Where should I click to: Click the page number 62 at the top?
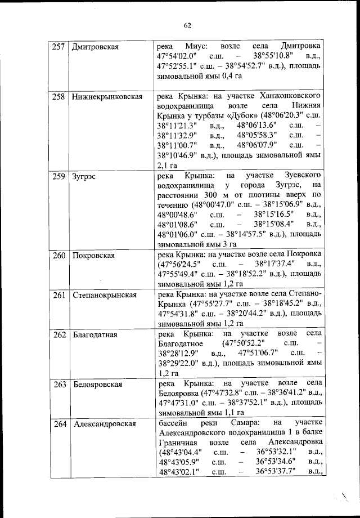[187, 25]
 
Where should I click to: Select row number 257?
[58, 47]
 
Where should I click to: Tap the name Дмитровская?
[96, 47]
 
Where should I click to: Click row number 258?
[58, 97]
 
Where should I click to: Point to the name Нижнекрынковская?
[106, 97]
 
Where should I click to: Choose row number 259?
[58, 176]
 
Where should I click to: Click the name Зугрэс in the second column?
[84, 176]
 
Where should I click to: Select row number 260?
[58, 255]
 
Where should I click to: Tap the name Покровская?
[93, 255]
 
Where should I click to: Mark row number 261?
[58, 295]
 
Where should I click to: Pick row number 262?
[58, 335]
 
